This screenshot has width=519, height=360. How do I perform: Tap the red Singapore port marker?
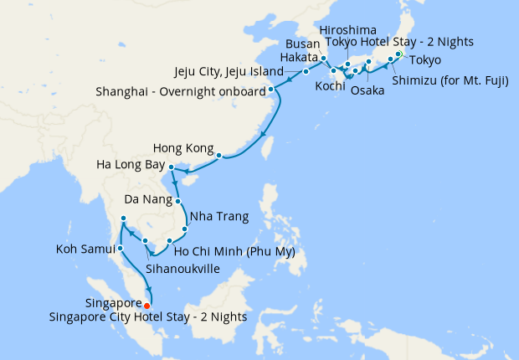(147, 305)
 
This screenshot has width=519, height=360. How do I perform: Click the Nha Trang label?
(219, 217)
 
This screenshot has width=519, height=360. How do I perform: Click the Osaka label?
(367, 90)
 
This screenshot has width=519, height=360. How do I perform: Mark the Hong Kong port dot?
(219, 156)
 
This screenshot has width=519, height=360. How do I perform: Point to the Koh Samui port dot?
(121, 248)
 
